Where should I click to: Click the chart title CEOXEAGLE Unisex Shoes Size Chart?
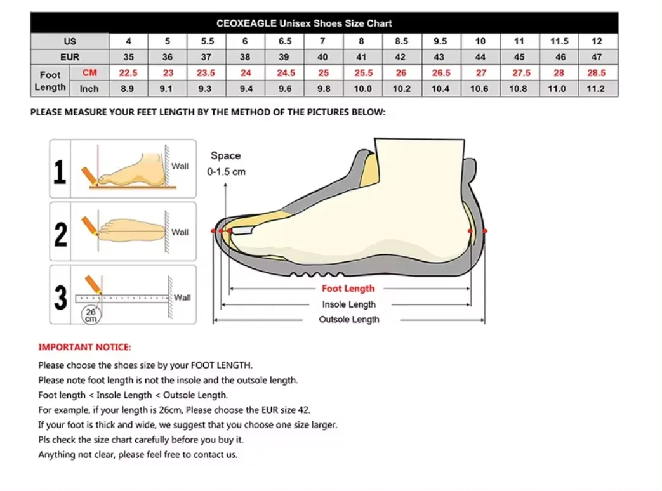(x=304, y=23)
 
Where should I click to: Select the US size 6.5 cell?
(x=285, y=41)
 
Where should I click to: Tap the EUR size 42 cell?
(x=401, y=57)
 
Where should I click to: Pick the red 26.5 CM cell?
(x=440, y=73)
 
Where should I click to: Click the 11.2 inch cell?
(x=595, y=89)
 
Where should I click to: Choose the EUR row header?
(x=70, y=57)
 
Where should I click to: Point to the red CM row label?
(x=89, y=73)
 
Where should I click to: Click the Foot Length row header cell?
(x=50, y=81)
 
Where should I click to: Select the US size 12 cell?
(x=596, y=41)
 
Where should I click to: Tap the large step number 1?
(x=60, y=171)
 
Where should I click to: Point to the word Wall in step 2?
(x=180, y=232)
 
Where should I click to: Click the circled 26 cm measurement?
(x=91, y=314)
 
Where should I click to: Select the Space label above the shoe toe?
(x=225, y=156)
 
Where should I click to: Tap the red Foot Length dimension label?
(x=348, y=289)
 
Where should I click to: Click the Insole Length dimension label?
(x=348, y=304)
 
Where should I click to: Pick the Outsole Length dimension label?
(x=348, y=320)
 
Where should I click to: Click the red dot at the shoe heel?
(x=485, y=231)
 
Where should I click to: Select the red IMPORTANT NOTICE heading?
(x=84, y=347)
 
